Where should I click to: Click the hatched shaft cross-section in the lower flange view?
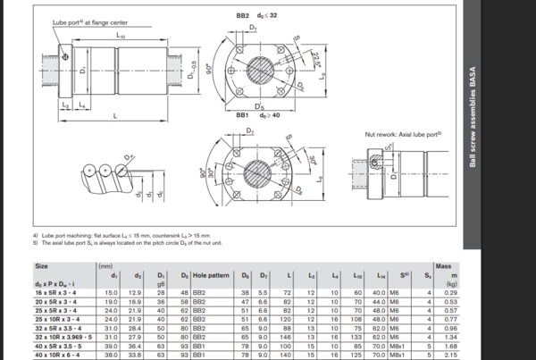click(259, 168)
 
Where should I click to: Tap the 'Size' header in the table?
click(42, 265)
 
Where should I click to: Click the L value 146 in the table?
click(288, 337)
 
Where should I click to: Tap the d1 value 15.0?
click(112, 293)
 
